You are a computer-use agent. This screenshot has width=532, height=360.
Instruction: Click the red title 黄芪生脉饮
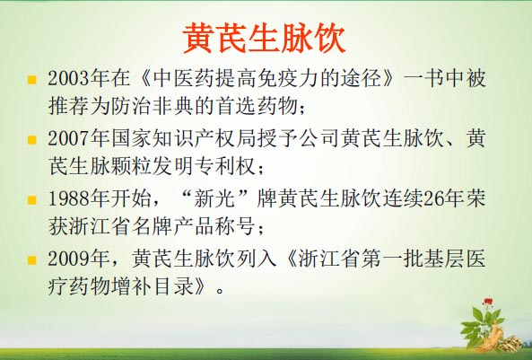(264, 38)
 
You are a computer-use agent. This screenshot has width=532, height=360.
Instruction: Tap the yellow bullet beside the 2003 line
(32, 80)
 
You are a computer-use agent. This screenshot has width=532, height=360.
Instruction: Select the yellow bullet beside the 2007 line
(32, 140)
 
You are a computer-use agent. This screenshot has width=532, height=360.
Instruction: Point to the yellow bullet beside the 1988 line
(32, 199)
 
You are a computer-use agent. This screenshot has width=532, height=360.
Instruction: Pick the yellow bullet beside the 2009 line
(32, 260)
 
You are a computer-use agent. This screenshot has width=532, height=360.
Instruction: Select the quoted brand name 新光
(214, 198)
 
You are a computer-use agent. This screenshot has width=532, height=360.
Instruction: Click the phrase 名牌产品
(174, 227)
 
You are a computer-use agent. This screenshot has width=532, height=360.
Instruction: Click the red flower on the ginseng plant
(488, 302)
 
